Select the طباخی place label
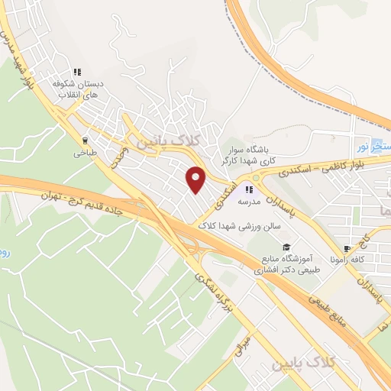84,153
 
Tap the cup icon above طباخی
85,141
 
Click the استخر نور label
374,146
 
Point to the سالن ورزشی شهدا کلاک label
241,227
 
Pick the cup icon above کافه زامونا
347,248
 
